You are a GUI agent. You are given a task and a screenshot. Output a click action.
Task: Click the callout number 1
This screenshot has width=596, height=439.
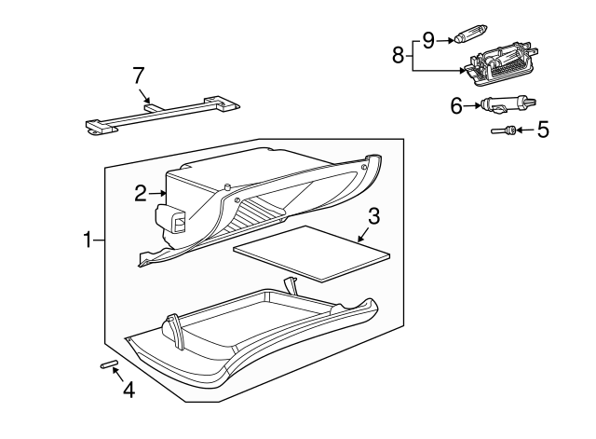pos(88,240)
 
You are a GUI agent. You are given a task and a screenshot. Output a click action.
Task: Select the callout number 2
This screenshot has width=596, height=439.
pos(140,193)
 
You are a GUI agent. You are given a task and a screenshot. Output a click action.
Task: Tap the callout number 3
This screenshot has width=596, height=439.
pos(373,216)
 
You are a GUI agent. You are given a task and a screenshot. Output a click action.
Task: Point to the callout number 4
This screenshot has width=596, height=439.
pos(129,391)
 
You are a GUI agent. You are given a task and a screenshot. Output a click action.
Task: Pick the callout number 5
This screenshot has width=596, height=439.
pos(543,130)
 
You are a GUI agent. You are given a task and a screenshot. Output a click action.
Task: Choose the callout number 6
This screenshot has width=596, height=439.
pos(456,106)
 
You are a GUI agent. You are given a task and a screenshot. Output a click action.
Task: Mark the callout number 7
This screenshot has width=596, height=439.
pos(139,75)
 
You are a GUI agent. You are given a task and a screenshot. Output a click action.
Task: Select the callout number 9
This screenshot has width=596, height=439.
pos(428,39)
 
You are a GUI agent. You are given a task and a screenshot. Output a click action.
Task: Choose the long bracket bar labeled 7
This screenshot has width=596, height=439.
pos(158,113)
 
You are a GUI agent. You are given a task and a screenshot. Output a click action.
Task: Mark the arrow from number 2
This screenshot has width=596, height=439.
pos(157,193)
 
